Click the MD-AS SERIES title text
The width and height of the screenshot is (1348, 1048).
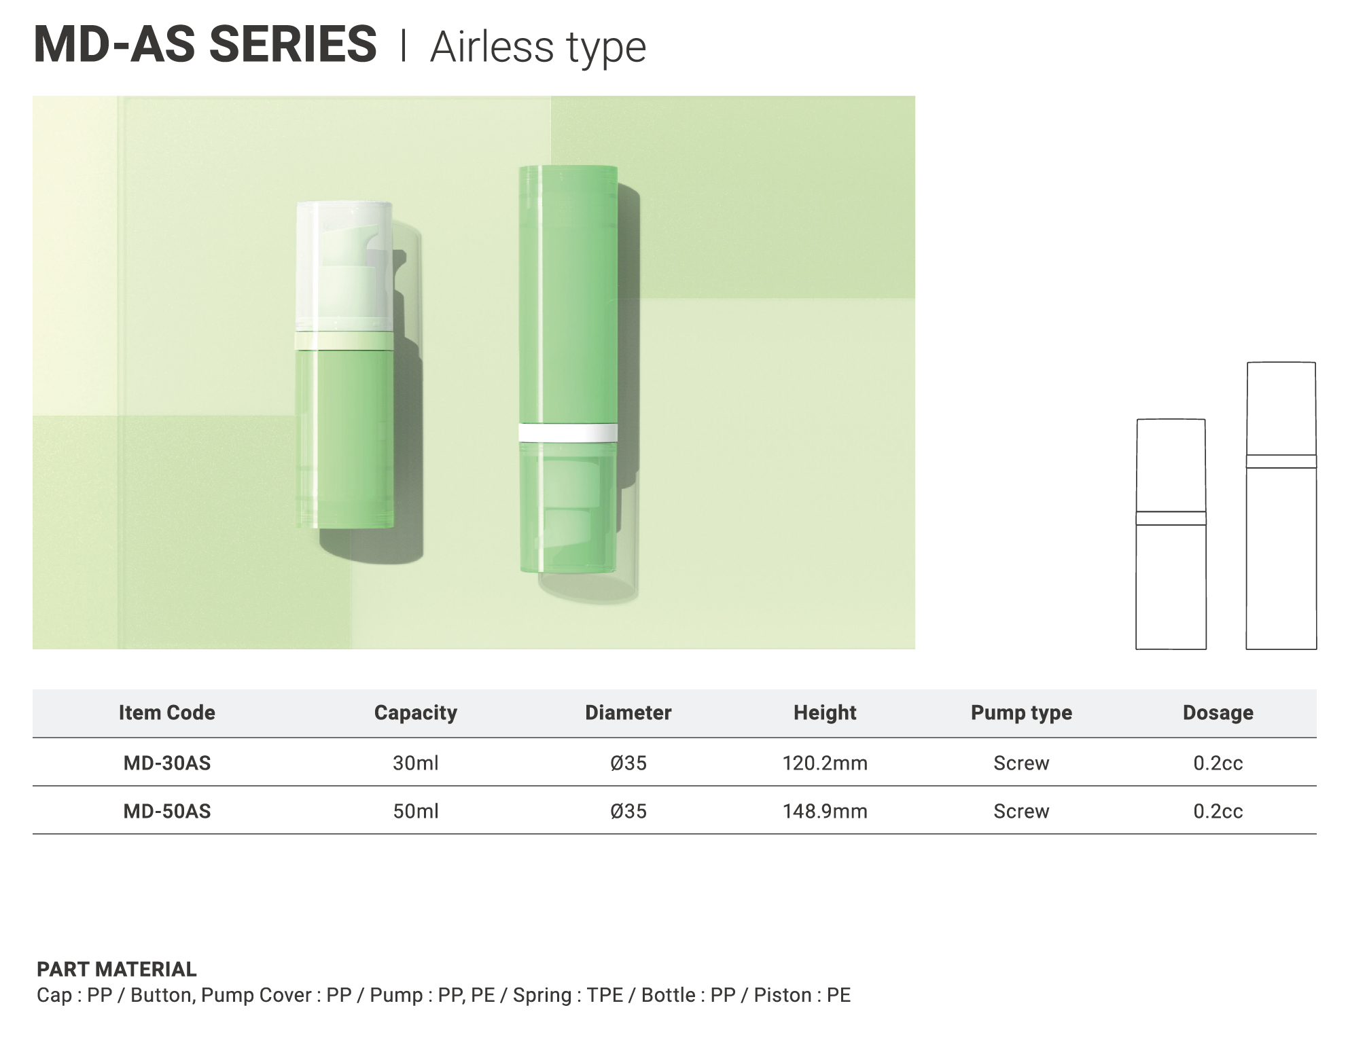tap(205, 45)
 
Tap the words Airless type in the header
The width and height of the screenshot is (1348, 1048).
tap(538, 48)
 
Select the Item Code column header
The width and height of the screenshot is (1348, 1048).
tap(167, 712)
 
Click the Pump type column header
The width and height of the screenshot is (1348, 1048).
tap(1021, 713)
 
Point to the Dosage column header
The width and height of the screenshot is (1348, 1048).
tap(1218, 713)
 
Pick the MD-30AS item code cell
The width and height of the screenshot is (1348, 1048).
tap(167, 763)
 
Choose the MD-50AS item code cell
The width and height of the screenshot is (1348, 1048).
tap(167, 812)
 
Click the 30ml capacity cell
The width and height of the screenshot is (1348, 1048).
tap(416, 763)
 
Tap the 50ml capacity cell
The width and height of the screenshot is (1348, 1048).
tap(416, 812)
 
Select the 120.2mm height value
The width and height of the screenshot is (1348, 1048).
tap(825, 763)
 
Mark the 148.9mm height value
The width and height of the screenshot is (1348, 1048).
tap(825, 812)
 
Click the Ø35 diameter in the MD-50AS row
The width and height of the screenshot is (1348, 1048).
tap(628, 812)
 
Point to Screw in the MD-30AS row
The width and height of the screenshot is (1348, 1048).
tap(1021, 763)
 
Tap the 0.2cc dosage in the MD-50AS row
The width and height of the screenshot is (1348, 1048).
tap(1218, 812)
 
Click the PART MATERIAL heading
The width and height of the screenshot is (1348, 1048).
tap(117, 969)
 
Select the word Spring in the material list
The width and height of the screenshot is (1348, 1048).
tap(542, 996)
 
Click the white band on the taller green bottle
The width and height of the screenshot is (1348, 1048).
tap(568, 433)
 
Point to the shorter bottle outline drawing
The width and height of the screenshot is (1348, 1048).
tap(1171, 535)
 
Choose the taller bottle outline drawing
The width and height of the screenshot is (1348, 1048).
tap(1281, 506)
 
